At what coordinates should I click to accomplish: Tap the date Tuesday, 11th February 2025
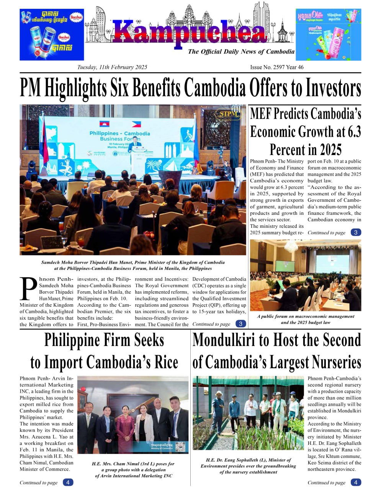(112, 67)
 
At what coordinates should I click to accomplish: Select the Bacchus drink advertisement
(52, 34)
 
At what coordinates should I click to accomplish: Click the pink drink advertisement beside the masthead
(328, 34)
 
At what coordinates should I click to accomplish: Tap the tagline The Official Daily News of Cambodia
(241, 52)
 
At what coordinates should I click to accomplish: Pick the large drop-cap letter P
(28, 289)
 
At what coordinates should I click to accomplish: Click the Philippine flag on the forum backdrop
(136, 124)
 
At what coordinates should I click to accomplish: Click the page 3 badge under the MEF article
(356, 232)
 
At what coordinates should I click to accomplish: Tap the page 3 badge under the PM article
(240, 324)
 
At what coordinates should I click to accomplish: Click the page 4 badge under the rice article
(68, 482)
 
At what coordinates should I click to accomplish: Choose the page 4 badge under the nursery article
(356, 482)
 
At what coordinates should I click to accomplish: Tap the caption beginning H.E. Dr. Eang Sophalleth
(248, 466)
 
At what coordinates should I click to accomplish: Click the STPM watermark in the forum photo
(229, 114)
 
